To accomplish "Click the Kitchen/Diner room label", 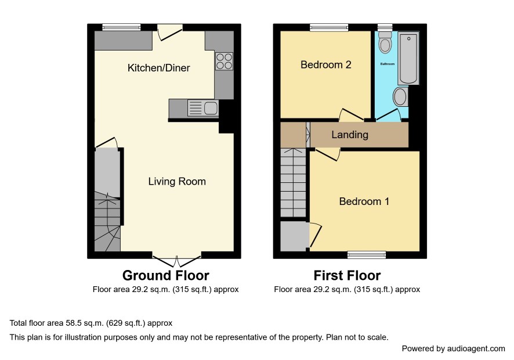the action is point(158,68).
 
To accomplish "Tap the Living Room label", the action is point(177,182).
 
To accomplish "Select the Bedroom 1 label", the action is point(364,201).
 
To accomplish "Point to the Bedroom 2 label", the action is point(326,64).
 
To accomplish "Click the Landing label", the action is point(350,135).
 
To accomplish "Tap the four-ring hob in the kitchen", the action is point(224,62).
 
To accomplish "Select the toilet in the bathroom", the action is point(385,42).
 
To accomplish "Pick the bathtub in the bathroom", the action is point(408,58).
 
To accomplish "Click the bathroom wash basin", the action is point(400,97).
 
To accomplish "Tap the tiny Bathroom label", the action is point(388,64).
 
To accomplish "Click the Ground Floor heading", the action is point(166,275).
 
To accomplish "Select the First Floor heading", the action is point(347,275).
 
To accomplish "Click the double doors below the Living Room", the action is point(177,260).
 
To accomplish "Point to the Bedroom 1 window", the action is point(367,255).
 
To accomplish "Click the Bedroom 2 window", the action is point(329,27).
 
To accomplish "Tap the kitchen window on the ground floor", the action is point(121,27).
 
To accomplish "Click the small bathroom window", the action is point(385,27).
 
